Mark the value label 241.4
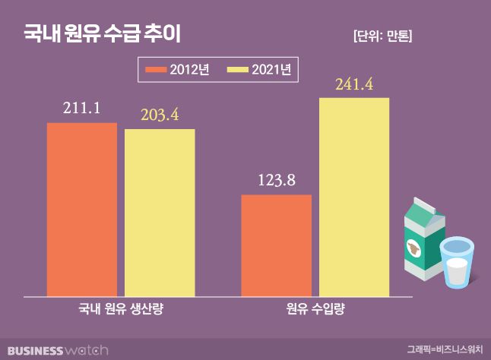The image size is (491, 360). pyautogui.click(x=353, y=84)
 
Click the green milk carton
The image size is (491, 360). pyautogui.click(x=421, y=239)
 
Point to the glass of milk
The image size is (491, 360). pyautogui.click(x=456, y=263)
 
